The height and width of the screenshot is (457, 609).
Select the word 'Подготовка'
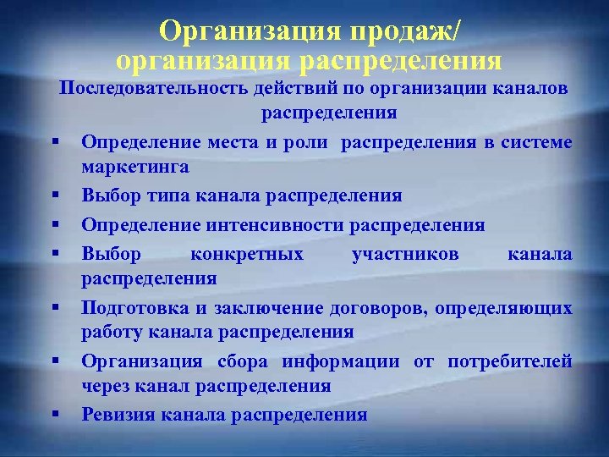pos(134,309)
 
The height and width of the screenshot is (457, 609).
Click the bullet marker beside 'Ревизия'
pos(53,414)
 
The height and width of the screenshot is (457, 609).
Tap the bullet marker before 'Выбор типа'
pos(53,196)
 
